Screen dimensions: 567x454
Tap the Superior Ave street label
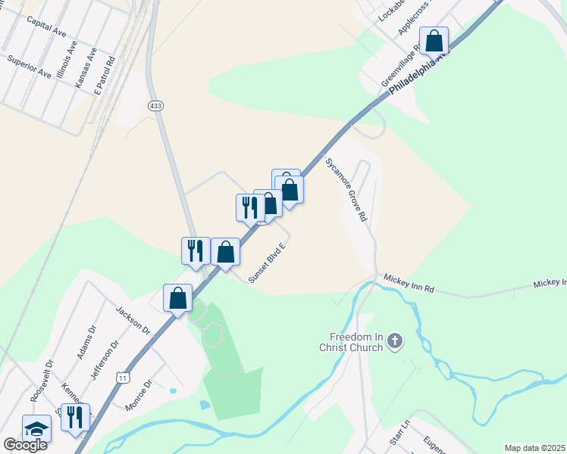coord(29,67)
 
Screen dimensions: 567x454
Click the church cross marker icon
coord(394,343)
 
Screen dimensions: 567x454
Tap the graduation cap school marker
coord(36,428)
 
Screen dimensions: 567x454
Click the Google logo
coord(25,445)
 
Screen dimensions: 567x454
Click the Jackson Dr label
coord(133,321)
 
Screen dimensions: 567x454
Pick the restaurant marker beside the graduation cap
coord(75,417)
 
